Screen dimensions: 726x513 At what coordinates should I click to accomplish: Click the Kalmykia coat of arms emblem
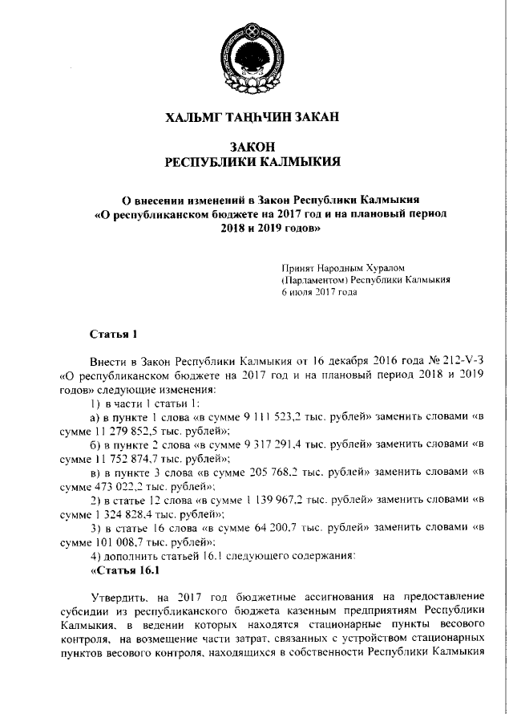(x=253, y=57)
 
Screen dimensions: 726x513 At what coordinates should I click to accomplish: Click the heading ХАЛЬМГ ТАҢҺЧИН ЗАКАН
(x=252, y=117)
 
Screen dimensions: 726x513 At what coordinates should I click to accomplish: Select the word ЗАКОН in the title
(x=252, y=148)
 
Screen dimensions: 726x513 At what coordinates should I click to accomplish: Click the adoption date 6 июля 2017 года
(x=318, y=292)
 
